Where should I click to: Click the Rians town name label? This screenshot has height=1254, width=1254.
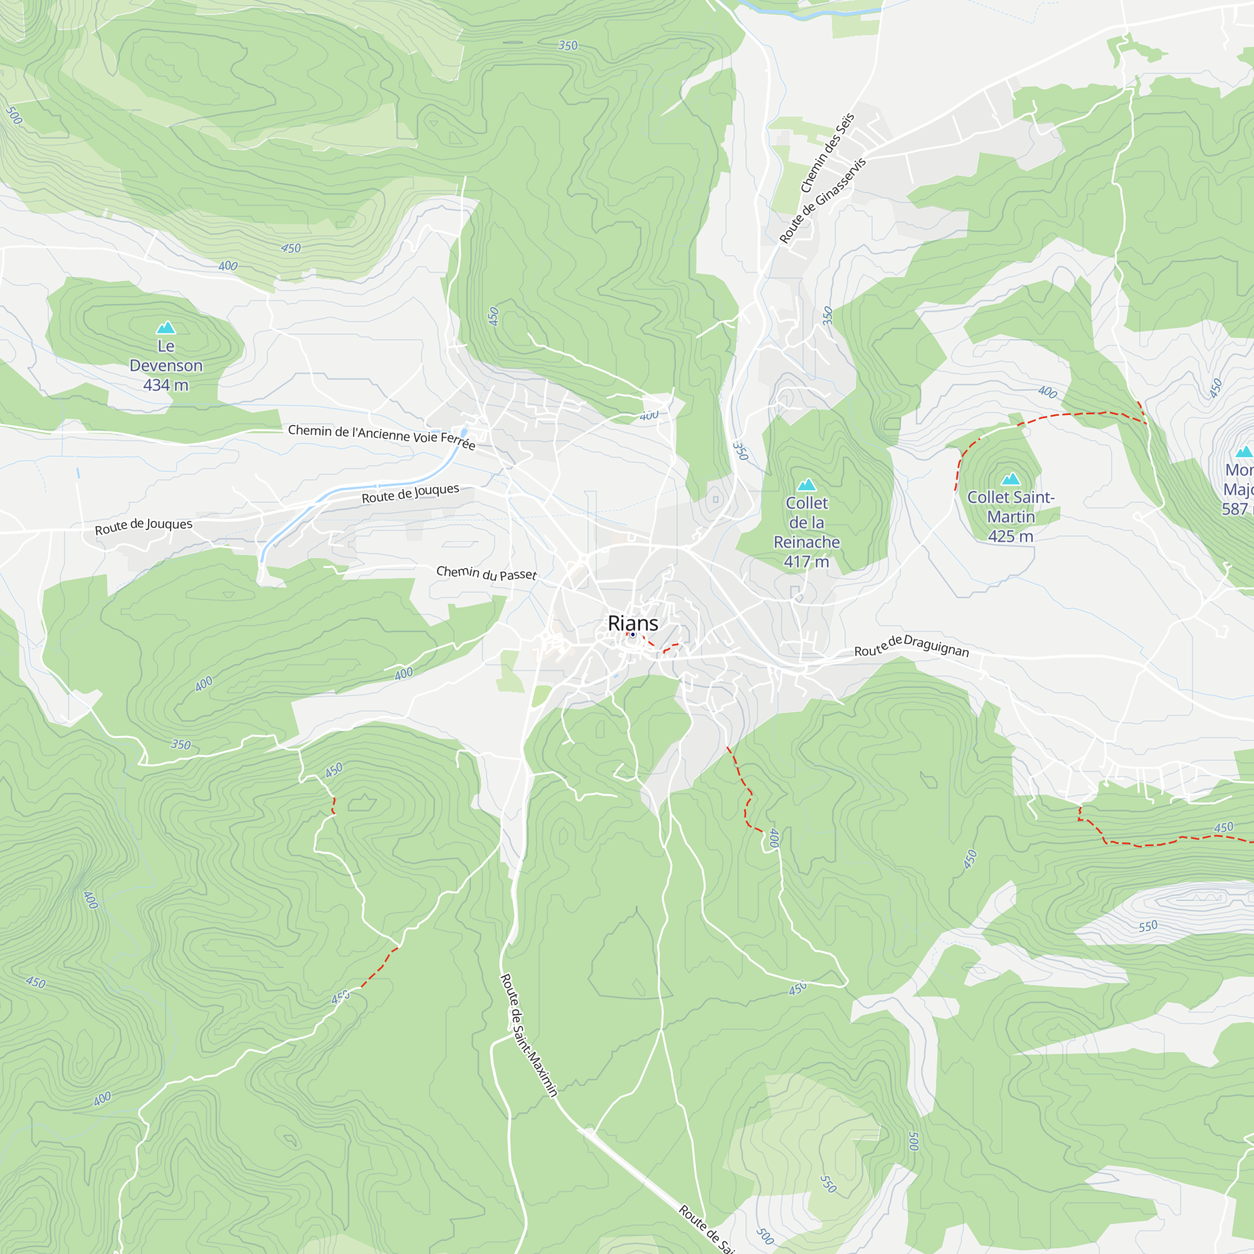click(x=633, y=623)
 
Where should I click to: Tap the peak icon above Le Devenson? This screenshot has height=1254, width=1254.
click(x=166, y=327)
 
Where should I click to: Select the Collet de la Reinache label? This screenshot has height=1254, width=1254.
click(x=806, y=522)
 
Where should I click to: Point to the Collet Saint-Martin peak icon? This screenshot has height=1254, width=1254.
click(x=1011, y=479)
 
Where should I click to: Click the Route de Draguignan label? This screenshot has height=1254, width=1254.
click(x=911, y=646)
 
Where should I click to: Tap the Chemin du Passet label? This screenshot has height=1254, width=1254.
click(x=486, y=572)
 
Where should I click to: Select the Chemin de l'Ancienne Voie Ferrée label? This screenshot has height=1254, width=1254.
click(x=382, y=436)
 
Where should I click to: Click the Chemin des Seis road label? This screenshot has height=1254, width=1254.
click(x=828, y=153)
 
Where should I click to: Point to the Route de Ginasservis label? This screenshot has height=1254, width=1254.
click(x=823, y=201)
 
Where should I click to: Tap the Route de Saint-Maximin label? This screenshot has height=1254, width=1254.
click(x=529, y=1035)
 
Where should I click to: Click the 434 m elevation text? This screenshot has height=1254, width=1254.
click(x=166, y=385)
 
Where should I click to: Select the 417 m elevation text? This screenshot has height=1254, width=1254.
click(x=806, y=561)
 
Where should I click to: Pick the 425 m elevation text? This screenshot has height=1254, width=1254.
click(x=1011, y=536)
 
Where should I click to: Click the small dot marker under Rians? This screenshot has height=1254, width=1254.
click(x=633, y=635)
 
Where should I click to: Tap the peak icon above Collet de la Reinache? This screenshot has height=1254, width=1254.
click(x=806, y=484)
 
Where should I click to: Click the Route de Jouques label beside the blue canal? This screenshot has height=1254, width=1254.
click(x=410, y=493)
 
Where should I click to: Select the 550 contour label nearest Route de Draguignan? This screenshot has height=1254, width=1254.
click(x=1147, y=926)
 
